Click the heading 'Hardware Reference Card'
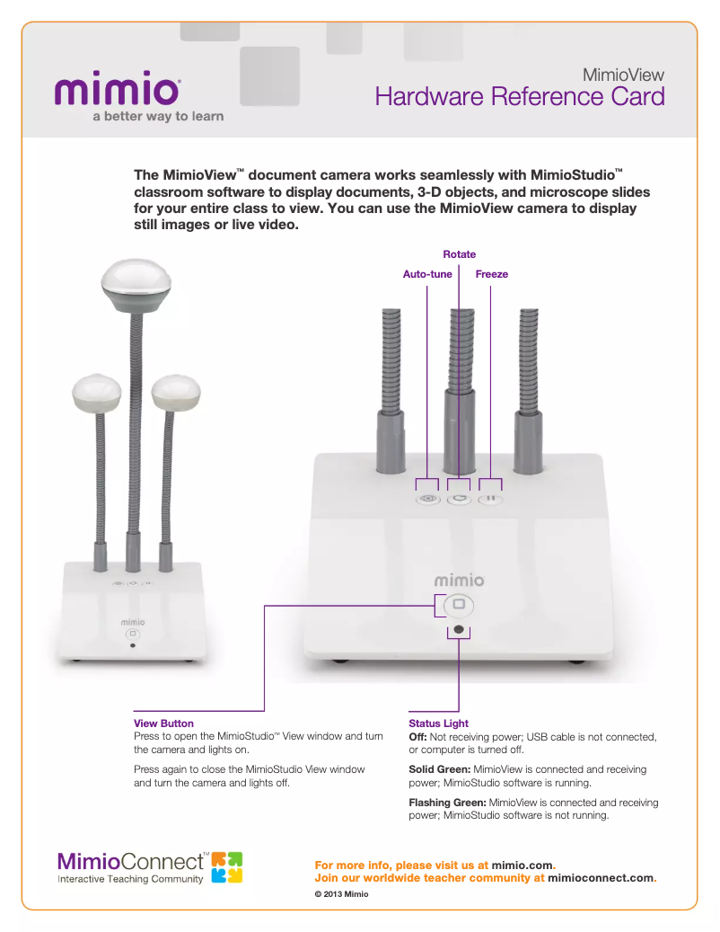(520, 97)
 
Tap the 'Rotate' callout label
(460, 254)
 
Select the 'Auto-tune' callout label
(427, 274)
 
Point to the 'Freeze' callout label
(491, 274)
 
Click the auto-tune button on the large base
(428, 500)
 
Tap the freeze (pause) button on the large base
(490, 500)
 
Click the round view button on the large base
(458, 605)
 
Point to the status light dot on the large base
(458, 629)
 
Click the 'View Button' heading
(163, 723)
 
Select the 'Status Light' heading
(439, 723)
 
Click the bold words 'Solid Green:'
(440, 769)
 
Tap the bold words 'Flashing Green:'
(448, 803)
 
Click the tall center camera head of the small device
(136, 285)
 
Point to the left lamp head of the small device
(97, 393)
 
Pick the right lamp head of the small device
(176, 393)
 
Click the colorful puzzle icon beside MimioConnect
(227, 867)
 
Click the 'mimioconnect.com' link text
(601, 878)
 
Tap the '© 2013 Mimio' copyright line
(341, 894)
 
